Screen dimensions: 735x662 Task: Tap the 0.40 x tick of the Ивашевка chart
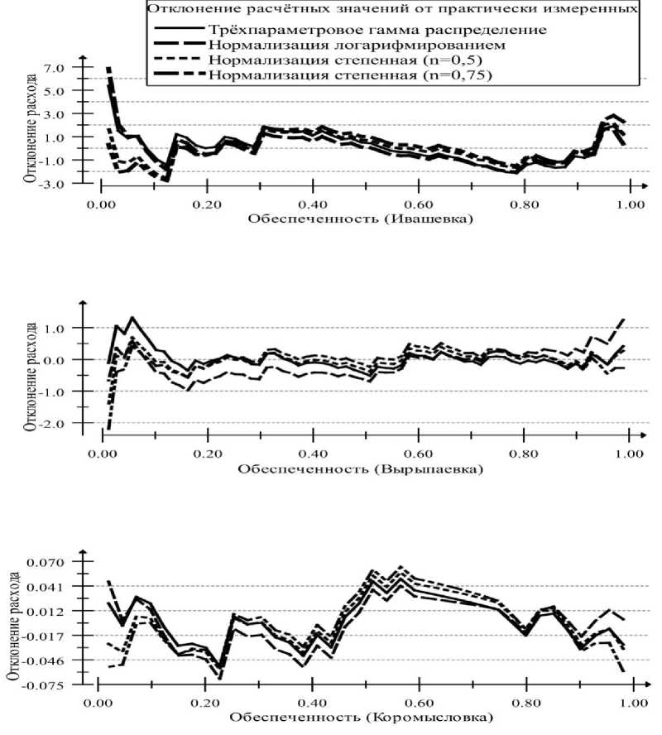(x=312, y=202)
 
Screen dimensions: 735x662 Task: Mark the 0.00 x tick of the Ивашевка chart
(x=101, y=202)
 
